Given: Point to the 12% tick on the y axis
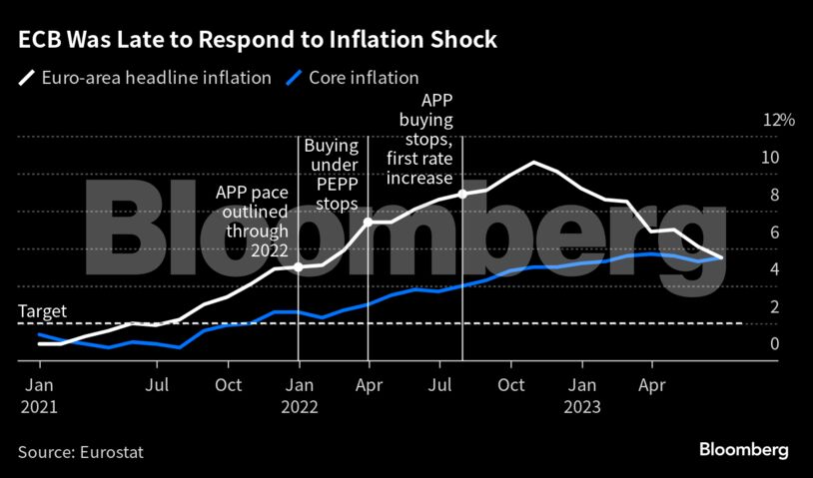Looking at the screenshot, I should point(778,120).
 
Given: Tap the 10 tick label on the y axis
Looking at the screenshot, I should point(770,158).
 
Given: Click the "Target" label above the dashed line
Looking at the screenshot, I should point(42,311).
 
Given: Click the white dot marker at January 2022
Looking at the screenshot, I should point(299,267).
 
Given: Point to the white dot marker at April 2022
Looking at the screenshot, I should point(369,222).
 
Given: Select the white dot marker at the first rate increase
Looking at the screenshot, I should point(462,194).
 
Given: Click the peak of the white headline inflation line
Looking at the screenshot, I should point(534,162).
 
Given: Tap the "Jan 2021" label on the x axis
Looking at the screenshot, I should point(40,395).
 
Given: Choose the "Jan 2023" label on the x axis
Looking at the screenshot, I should point(582,395).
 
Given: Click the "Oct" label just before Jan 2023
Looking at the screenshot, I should point(511,384).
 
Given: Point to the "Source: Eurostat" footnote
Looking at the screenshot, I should point(81,452).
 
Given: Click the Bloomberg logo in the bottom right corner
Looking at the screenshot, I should point(744,450).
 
